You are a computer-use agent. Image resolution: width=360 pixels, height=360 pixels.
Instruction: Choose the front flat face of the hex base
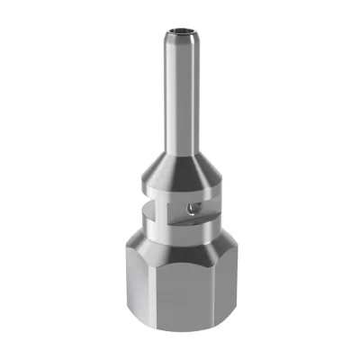point(180,297)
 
